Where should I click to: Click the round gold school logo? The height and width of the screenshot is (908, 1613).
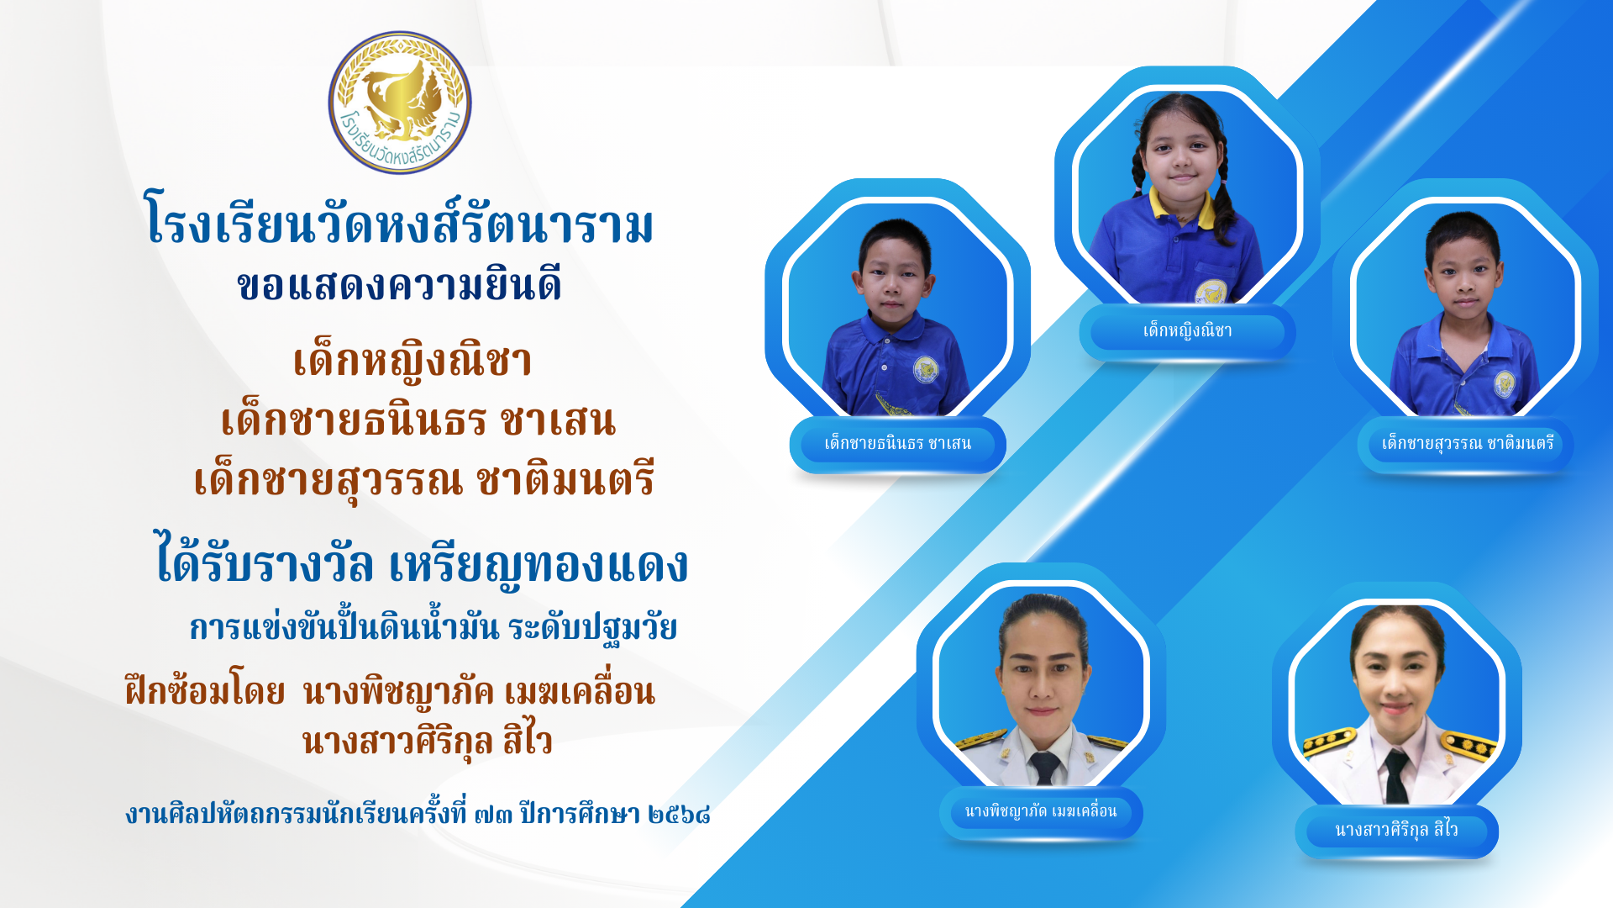click(x=400, y=103)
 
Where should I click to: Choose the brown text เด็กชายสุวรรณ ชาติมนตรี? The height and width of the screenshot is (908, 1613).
click(x=423, y=480)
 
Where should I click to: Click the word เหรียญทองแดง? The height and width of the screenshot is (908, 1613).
click(x=539, y=564)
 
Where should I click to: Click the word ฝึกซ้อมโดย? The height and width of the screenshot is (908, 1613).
click(x=205, y=692)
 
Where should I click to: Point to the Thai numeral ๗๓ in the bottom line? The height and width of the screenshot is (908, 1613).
click(x=493, y=814)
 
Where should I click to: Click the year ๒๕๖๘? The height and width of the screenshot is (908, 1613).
click(x=680, y=814)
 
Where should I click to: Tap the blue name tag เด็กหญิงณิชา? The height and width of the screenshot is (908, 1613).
click(x=1187, y=331)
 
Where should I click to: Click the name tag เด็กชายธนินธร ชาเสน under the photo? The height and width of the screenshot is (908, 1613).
click(x=897, y=444)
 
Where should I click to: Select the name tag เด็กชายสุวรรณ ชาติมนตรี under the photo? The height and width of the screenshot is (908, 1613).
click(x=1467, y=443)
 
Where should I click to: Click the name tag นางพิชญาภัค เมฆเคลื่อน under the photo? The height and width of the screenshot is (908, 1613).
click(x=1041, y=812)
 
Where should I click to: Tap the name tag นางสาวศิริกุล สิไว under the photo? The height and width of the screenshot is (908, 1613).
click(x=1396, y=831)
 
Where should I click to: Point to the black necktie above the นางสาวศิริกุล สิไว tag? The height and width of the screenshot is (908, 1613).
click(x=1396, y=777)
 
